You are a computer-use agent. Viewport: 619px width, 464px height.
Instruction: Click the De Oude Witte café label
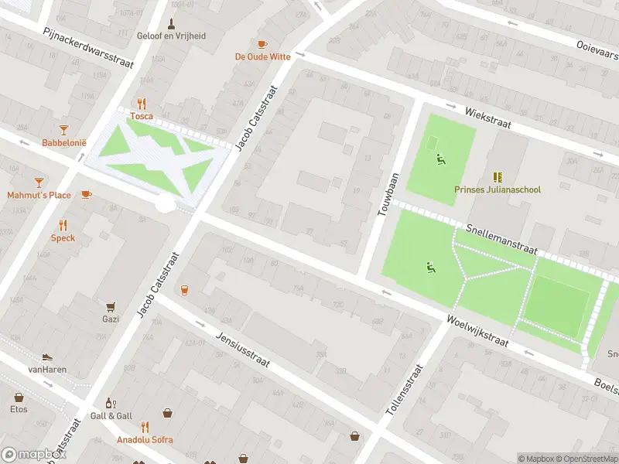263,56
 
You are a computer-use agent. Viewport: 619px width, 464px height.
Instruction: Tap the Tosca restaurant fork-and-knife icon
142,104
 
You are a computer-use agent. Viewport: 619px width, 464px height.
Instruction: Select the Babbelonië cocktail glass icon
63,131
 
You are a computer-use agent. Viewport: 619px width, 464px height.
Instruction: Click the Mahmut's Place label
39,195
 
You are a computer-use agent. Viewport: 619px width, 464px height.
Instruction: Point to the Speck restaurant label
63,238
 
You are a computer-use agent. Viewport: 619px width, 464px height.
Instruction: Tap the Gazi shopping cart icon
111,306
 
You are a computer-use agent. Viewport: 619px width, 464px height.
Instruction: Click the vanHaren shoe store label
47,370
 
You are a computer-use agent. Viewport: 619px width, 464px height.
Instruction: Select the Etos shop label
19,409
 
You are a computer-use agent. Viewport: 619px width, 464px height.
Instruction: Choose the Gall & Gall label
111,416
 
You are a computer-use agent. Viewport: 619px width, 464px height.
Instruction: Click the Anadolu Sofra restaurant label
145,440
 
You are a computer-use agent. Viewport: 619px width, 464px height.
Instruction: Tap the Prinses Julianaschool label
498,189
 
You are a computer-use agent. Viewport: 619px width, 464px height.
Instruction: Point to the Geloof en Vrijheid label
171,36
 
